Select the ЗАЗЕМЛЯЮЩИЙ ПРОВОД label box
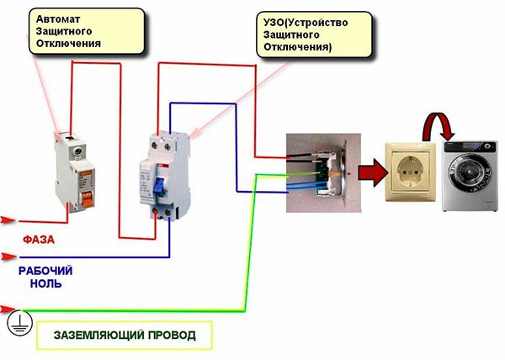tap(124, 335)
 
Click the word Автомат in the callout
tap(54, 17)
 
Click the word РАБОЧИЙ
tap(47, 271)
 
